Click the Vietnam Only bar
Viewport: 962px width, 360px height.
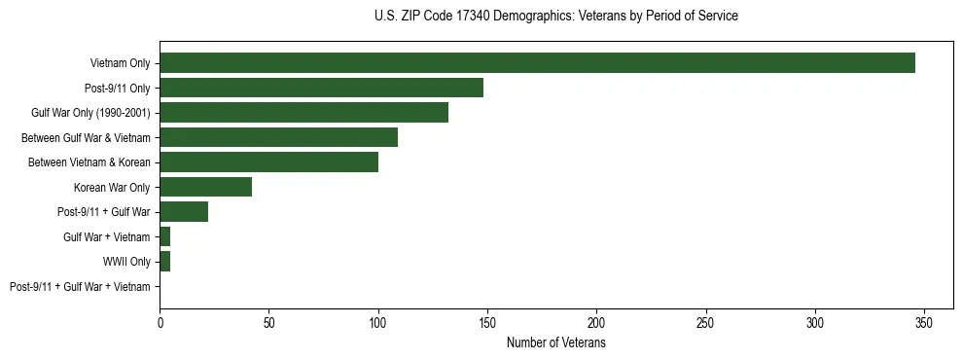coord(537,63)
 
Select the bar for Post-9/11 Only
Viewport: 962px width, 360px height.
coord(321,88)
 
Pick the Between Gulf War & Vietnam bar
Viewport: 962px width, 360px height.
coord(278,137)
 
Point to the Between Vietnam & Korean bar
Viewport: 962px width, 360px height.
coord(268,162)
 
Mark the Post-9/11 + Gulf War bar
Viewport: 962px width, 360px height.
coord(184,211)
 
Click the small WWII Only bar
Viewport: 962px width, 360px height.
coord(165,261)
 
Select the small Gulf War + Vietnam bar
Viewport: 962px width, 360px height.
coord(165,236)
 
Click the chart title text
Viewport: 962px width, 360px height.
coord(555,17)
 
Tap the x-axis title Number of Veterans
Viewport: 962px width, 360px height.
coord(555,343)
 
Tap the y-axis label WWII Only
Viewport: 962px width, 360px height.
coord(126,261)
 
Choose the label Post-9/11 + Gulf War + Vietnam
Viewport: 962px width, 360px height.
coord(80,286)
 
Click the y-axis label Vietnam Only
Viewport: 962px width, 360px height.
coord(121,63)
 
